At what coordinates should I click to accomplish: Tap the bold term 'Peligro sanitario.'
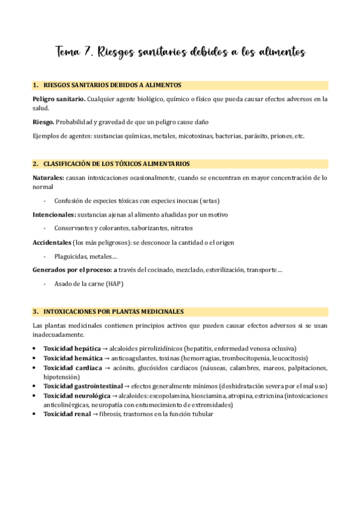59,98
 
